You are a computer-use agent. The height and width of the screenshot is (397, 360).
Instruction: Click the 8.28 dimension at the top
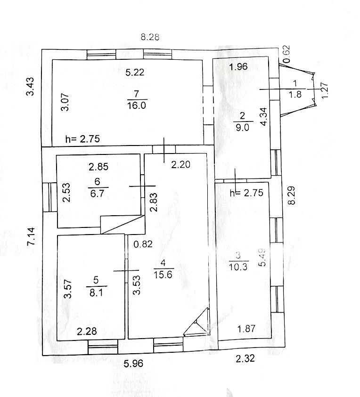point(150,37)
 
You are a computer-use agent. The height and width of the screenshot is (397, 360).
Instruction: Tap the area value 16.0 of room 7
point(137,105)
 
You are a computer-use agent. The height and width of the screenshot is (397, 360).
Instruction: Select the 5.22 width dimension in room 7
point(135,73)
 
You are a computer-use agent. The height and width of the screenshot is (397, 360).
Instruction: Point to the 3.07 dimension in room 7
point(65,102)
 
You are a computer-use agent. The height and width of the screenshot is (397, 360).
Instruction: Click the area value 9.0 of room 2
point(243,127)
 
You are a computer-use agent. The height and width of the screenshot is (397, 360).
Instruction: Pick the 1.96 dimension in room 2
point(238,66)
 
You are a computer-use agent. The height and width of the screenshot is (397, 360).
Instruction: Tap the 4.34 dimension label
point(264,117)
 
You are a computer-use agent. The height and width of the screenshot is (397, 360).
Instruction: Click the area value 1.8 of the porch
point(295,94)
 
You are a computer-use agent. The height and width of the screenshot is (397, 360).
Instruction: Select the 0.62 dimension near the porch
point(286,54)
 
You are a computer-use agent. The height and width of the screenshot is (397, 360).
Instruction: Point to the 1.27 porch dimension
point(325,90)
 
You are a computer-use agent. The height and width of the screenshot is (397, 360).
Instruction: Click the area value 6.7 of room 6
point(97,194)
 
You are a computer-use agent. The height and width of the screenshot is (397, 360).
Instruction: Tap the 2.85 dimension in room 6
point(98,167)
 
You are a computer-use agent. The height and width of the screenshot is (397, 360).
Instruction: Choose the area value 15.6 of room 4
point(163,275)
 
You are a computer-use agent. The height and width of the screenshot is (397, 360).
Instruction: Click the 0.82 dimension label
point(143,244)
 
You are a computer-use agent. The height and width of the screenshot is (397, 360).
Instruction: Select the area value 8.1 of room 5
point(96,292)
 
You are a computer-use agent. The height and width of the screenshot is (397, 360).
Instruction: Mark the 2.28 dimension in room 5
point(87,332)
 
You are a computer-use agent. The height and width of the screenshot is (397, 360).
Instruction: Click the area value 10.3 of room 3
point(238,267)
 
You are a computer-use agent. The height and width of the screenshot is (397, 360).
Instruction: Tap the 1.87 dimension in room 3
point(246,329)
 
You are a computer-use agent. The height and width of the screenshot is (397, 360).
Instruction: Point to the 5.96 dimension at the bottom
point(133,364)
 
